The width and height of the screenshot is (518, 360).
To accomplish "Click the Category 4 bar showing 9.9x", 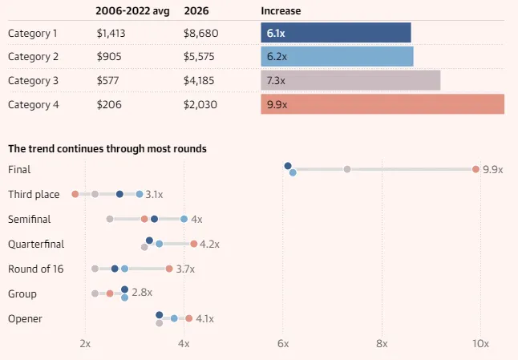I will [x=382, y=105].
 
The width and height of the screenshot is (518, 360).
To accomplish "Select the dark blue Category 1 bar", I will [x=336, y=33].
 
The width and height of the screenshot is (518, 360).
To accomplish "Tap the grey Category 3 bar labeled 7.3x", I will [x=350, y=81].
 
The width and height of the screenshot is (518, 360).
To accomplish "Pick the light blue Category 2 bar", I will [x=337, y=57].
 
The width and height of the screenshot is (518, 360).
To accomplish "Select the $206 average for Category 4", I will [x=107, y=105].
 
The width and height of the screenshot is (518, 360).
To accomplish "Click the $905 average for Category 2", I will [x=108, y=57].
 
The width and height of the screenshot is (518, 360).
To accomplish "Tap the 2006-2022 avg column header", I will [x=132, y=10].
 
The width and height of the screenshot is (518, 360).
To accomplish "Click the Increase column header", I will [x=280, y=10].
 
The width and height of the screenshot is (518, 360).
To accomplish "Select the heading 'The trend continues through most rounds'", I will [x=107, y=149].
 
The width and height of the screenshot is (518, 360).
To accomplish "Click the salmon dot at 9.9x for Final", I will [x=476, y=169].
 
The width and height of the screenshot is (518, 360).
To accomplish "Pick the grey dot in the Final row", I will [x=347, y=169].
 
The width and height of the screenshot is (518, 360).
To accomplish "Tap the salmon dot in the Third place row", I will [x=75, y=194].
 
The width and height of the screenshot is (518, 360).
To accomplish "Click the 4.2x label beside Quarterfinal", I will [x=209, y=244].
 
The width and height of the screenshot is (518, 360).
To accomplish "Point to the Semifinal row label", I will [x=30, y=219].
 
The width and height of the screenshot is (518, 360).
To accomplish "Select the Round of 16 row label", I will [x=35, y=269].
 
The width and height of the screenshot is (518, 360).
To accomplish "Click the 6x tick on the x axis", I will [x=283, y=343].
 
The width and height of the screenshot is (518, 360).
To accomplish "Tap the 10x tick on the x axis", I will [x=480, y=343].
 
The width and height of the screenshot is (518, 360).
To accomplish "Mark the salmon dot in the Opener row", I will [x=188, y=318].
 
